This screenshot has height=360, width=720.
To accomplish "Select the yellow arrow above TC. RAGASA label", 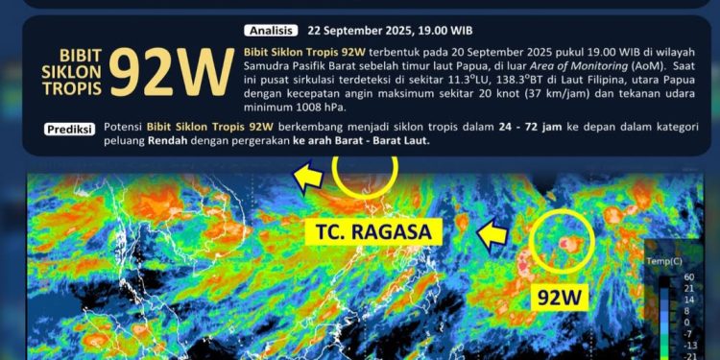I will coord(308,177).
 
